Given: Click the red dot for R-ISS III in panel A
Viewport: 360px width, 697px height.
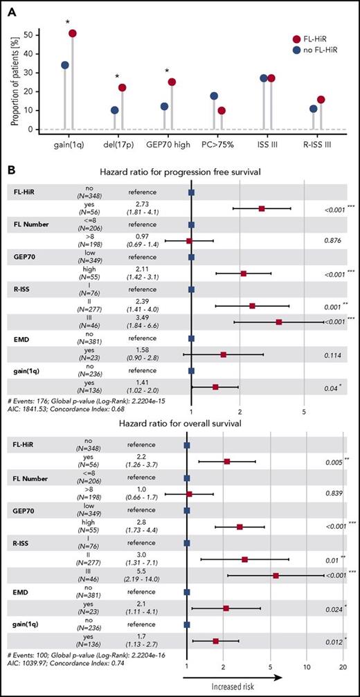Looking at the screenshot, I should (321, 100).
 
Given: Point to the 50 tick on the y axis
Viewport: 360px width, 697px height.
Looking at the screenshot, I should (28, 34).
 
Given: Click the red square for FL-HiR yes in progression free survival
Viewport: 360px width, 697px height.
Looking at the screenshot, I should (262, 208).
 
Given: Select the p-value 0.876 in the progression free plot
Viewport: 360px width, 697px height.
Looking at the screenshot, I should (334, 241).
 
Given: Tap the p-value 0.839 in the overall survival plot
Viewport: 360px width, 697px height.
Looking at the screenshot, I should (334, 494).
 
